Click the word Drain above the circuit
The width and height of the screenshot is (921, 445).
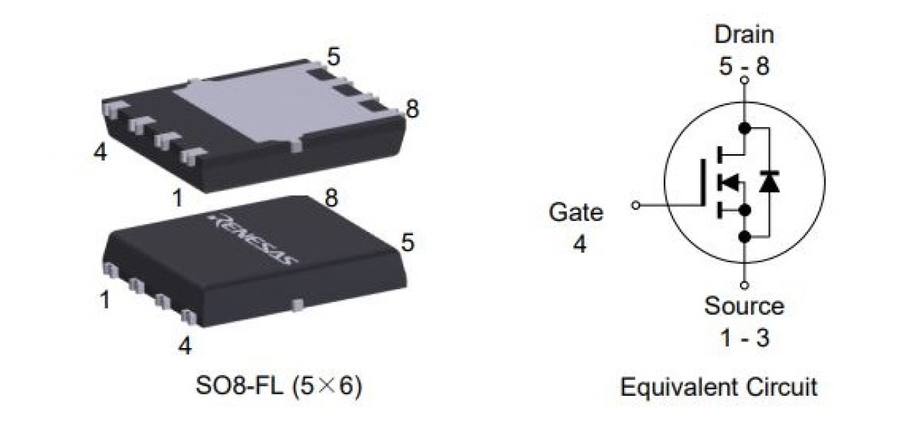click(x=744, y=35)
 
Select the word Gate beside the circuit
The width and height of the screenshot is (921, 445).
click(x=576, y=213)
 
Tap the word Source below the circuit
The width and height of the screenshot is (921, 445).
click(x=744, y=305)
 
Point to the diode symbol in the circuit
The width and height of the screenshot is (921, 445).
click(x=769, y=181)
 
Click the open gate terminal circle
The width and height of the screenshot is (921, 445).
click(x=636, y=206)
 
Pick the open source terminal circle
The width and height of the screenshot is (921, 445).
click(x=744, y=284)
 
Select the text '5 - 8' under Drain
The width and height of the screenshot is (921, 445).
click(x=744, y=66)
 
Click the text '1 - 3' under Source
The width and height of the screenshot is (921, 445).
click(x=744, y=338)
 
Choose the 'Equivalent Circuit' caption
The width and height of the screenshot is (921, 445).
click(x=719, y=387)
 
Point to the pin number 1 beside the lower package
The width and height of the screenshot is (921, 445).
click(x=106, y=300)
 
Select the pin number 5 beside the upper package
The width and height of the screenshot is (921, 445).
click(x=334, y=57)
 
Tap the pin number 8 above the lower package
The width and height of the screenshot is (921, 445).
click(x=331, y=198)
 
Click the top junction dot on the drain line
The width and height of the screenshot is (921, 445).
click(x=744, y=129)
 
